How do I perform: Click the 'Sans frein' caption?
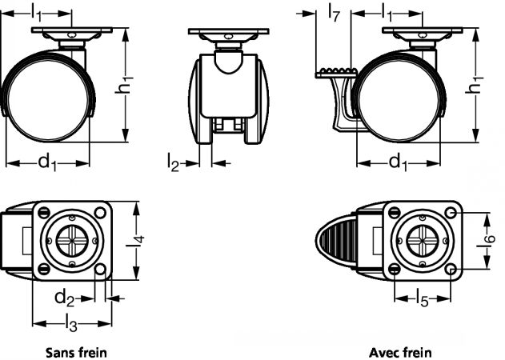click(x=76, y=352)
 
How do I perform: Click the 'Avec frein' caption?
click(x=400, y=352)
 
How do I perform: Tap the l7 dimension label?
click(x=334, y=14)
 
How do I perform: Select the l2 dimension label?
click(x=173, y=162)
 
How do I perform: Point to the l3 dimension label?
click(x=71, y=323)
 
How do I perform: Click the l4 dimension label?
click(x=135, y=241)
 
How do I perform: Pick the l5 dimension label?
click(x=423, y=298)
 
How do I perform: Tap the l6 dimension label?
click(x=486, y=241)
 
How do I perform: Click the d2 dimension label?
click(x=64, y=298)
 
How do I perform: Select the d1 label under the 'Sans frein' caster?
click(x=47, y=162)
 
